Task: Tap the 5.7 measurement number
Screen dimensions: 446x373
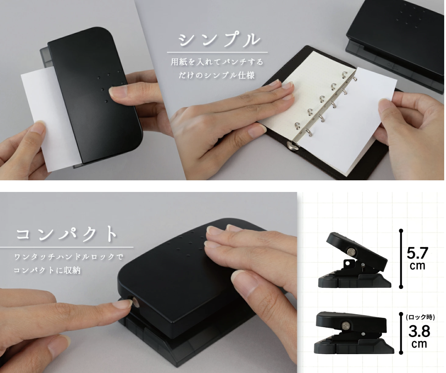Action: (x=417, y=253)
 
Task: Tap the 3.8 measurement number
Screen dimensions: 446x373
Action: (x=419, y=331)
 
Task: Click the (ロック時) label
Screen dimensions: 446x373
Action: (x=420, y=317)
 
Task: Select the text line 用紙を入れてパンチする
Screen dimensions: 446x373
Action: (x=217, y=62)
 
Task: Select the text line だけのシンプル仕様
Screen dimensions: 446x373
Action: (x=216, y=75)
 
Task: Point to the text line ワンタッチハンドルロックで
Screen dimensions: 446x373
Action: (x=69, y=257)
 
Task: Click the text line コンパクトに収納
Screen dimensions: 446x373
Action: (x=47, y=270)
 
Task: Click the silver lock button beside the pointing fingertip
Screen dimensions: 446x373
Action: (x=136, y=302)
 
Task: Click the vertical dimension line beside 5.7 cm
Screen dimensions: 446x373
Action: (x=401, y=259)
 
